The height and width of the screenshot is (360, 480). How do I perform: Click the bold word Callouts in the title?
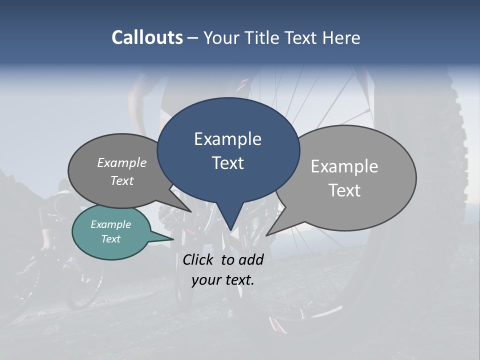[147, 37]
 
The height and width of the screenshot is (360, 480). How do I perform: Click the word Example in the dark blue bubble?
[227, 139]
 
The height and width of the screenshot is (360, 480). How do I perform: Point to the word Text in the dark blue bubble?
[227, 162]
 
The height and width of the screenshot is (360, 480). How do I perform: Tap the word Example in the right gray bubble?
[344, 166]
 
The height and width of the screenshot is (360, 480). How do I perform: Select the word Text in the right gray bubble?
[344, 190]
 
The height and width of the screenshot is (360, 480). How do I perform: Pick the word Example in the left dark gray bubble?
[122, 162]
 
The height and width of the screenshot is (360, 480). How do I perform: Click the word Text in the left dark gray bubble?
[122, 180]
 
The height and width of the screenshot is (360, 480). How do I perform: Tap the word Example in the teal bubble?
[110, 224]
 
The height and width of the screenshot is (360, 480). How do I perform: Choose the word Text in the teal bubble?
[110, 239]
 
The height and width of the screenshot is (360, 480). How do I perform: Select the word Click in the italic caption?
[199, 259]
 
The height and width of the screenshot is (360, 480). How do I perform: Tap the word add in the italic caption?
[251, 259]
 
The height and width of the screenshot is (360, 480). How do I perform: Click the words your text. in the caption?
[222, 280]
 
